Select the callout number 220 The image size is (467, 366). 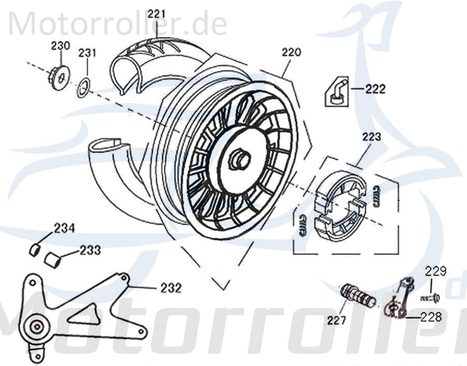point(292,52)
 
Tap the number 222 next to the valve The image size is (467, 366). point(375,89)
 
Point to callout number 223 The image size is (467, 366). point(371,137)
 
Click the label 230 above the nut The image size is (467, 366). point(60,46)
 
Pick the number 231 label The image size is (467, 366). point(87,53)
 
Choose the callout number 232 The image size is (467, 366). point(171,288)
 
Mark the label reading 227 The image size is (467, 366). point(336,321)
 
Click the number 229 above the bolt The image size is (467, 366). point(436,270)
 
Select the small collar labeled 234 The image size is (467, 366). point(34,250)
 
